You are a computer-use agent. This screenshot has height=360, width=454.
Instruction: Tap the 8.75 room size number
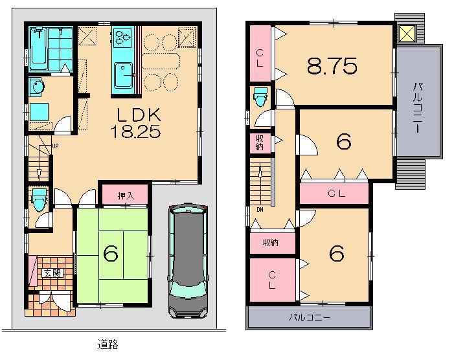[x=332, y=65]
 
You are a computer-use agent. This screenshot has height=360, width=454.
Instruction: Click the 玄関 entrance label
[x=52, y=273]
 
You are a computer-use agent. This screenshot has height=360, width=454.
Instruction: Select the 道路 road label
[x=108, y=344]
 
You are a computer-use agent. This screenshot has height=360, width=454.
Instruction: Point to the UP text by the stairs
[x=55, y=146]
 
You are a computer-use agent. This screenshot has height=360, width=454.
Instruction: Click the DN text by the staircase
[x=259, y=210]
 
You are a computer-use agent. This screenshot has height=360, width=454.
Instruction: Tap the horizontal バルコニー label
[x=310, y=319]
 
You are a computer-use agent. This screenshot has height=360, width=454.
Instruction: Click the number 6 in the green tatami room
[x=111, y=255]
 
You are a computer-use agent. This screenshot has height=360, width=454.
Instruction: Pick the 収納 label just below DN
[x=271, y=243]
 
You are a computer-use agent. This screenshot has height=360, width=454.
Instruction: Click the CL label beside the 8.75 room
[x=259, y=57]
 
